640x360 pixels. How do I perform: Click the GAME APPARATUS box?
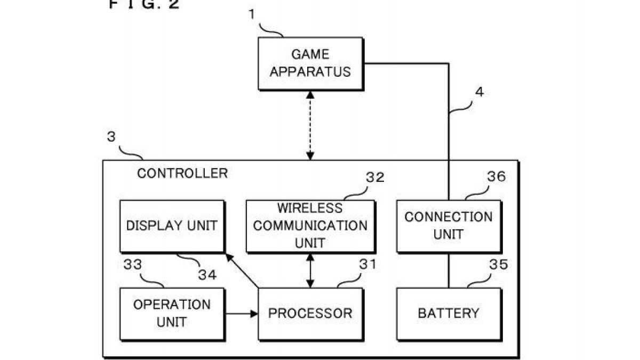tap(310, 64)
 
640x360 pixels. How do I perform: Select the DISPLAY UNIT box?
tap(172, 227)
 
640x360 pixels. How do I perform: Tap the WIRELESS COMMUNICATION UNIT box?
tap(310, 227)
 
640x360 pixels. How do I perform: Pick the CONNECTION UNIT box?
tap(449, 227)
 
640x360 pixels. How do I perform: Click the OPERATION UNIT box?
tap(172, 314)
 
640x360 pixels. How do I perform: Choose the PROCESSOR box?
tap(310, 314)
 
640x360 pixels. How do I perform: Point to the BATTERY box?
tap(449, 314)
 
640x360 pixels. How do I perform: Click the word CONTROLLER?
tap(182, 173)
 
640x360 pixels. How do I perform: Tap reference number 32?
tap(375, 178)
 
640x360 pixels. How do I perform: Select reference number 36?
tap(497, 177)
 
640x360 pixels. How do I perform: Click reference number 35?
tap(498, 265)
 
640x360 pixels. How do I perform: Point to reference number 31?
tap(367, 265)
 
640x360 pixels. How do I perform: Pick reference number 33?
tap(133, 265)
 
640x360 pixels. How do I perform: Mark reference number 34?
tap(207, 275)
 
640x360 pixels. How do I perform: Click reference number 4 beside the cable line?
tap(479, 92)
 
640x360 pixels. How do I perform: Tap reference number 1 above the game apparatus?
tap(252, 14)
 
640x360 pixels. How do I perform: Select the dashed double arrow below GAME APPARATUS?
tap(310, 126)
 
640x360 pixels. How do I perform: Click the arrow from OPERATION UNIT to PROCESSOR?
tap(242, 314)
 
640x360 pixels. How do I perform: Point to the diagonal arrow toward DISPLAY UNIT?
tap(242, 270)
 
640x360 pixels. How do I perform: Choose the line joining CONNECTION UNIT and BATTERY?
tap(449, 270)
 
